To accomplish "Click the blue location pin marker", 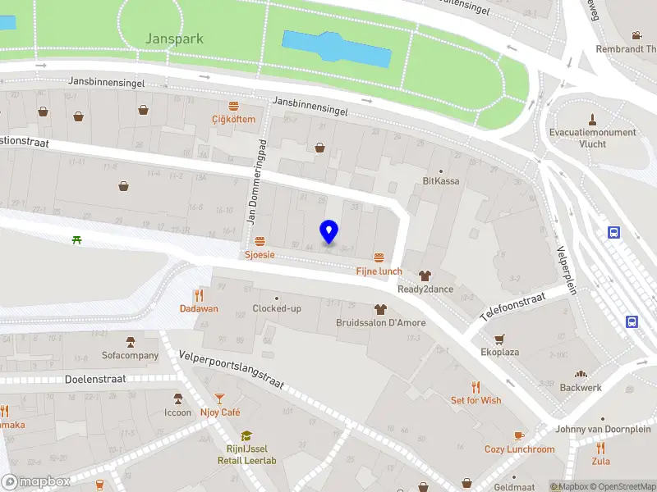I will point(328,232).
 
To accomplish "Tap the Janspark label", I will point(173,39).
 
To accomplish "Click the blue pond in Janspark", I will point(336,49).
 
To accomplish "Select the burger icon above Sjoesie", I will point(260,241).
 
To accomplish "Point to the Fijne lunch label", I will point(379,271).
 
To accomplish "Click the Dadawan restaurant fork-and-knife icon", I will point(199,295).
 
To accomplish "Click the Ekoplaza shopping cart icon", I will point(498,339).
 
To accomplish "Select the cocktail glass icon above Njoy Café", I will point(219,399).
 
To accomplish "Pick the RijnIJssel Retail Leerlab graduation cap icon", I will point(246,436).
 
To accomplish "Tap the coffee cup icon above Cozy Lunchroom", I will point(518,435).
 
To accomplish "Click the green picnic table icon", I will point(76,239).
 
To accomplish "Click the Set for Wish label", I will point(476,400).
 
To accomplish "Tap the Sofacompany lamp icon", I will point(130,342).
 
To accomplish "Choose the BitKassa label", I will point(441,180).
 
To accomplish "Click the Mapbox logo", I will point(36,482).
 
